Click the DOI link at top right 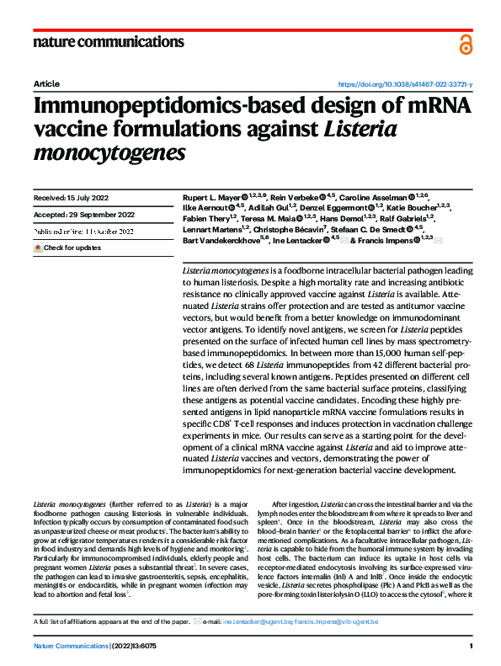click(405, 85)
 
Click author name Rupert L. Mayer click(211, 196)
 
